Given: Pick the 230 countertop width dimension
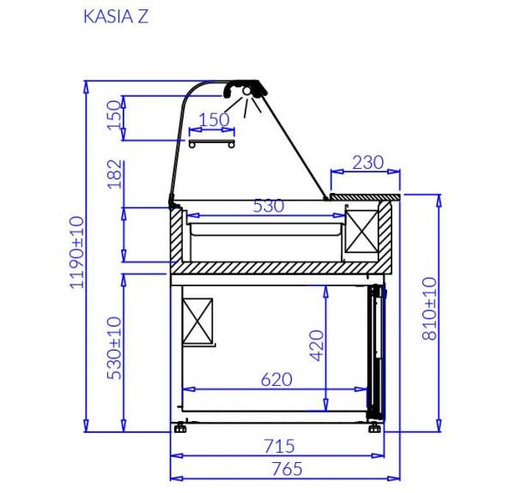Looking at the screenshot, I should click(367, 163).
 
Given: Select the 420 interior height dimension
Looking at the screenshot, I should click(316, 345).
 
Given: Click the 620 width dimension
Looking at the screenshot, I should click(276, 378).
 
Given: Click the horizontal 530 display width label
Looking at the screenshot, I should click(267, 206).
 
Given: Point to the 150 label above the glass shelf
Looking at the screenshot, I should click(214, 119).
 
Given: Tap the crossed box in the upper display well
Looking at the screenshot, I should click(361, 232).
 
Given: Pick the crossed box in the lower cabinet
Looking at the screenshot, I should click(199, 319).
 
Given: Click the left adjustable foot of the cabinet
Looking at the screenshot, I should click(180, 425).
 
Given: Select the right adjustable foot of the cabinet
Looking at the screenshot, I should click(375, 425).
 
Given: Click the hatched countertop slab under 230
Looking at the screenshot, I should click(364, 197).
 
